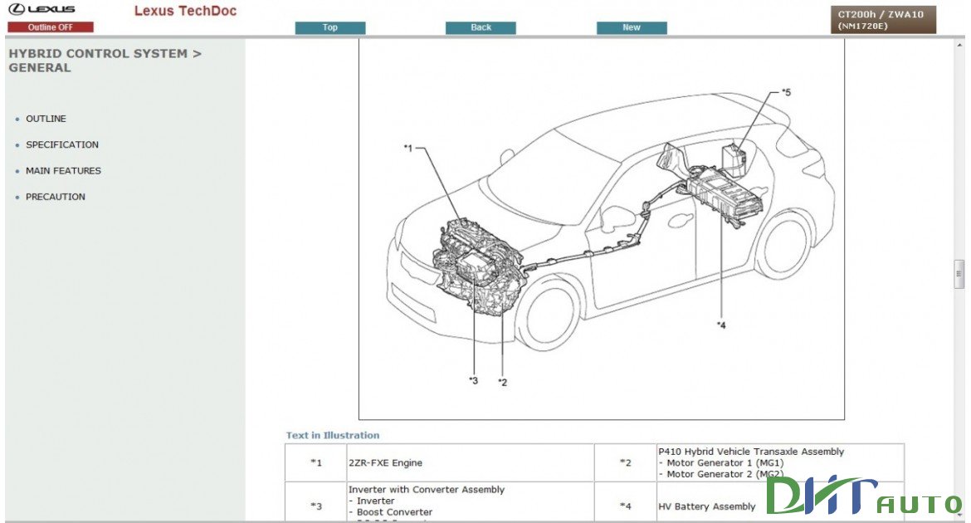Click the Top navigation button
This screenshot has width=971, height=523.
tap(330, 27)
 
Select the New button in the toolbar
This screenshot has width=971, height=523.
tap(632, 27)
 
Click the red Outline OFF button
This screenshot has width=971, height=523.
tap(51, 27)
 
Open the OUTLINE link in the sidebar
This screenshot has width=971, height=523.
tap(46, 119)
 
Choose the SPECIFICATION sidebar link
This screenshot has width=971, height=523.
tap(62, 144)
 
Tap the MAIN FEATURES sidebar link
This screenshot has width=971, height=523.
tap(63, 171)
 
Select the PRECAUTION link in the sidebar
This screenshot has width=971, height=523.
tap(56, 197)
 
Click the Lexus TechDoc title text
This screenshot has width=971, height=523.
tap(185, 11)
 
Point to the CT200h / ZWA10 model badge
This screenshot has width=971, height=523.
tap(881, 20)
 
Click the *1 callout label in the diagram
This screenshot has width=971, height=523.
tap(408, 149)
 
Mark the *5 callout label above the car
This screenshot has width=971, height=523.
tap(786, 92)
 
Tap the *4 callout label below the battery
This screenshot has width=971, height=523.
tap(720, 325)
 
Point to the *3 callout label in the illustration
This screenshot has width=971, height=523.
tap(473, 380)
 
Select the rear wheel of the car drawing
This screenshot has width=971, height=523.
tap(783, 245)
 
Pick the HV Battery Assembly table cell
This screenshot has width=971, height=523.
tap(707, 506)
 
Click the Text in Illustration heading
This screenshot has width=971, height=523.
tap(333, 435)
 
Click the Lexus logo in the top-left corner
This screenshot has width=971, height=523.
tap(41, 10)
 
